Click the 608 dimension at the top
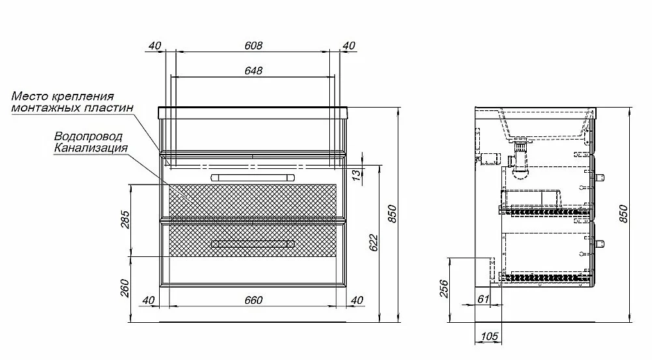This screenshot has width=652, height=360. pyautogui.click(x=253, y=45)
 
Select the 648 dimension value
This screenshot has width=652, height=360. pyautogui.click(x=253, y=70)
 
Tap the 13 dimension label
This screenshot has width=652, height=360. pyautogui.click(x=357, y=175)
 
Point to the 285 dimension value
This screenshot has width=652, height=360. pyautogui.click(x=125, y=220)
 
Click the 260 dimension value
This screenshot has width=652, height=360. pyautogui.click(x=125, y=288)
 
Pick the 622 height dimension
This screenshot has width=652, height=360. pyautogui.click(x=374, y=243)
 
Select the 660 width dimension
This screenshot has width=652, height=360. pyautogui.click(x=253, y=300)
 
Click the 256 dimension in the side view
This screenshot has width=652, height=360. pyautogui.click(x=444, y=288)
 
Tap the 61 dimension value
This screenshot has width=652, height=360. pyautogui.click(x=483, y=299)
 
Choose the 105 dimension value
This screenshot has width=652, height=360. pyautogui.click(x=489, y=336)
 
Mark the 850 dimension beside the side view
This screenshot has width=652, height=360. pyautogui.click(x=624, y=214)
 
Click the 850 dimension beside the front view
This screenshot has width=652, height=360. pyautogui.click(x=392, y=214)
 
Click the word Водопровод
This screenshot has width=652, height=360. pyautogui.click(x=88, y=136)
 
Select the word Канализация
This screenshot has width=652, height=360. pyautogui.click(x=91, y=148)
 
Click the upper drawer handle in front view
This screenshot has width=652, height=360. pyautogui.click(x=253, y=177)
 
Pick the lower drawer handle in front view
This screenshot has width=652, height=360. pyautogui.click(x=253, y=244)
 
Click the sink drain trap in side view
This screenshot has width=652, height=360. pyautogui.click(x=520, y=160)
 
